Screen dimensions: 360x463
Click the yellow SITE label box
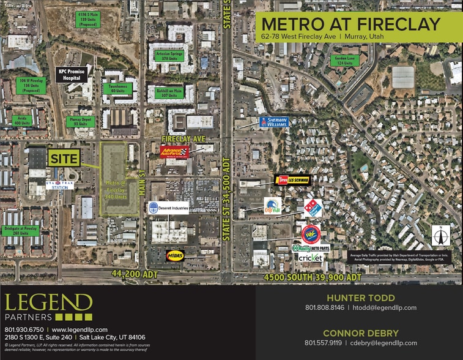click(x=64, y=159)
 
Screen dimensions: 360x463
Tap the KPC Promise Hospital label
click(x=72, y=75)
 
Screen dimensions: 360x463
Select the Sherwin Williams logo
click(x=273, y=122)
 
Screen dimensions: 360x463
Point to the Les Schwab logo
click(x=293, y=180)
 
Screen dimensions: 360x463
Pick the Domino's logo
click(x=313, y=208)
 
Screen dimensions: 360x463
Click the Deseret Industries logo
click(x=168, y=208)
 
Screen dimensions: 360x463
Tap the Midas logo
click(x=175, y=255)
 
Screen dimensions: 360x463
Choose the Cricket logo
click(x=311, y=258)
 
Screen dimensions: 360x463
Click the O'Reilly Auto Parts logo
click(x=310, y=248)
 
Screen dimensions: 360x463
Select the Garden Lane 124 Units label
click(x=344, y=61)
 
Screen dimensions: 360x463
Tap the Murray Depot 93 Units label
click(x=80, y=121)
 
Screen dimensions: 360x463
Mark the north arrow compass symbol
click(x=440, y=235)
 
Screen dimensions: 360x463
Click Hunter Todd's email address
click(x=383, y=308)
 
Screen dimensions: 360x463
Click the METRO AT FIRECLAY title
click(x=350, y=24)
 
